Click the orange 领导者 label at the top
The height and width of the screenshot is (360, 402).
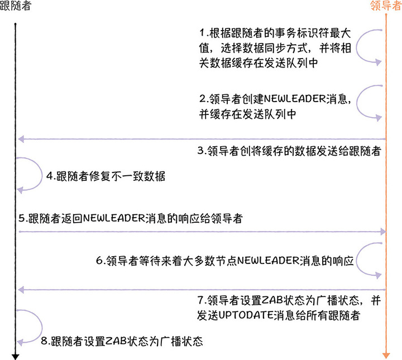pyautogui.click(x=386, y=6)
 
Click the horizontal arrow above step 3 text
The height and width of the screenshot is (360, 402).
pyautogui.click(x=201, y=139)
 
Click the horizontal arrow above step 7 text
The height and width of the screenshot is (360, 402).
pyautogui.click(x=201, y=289)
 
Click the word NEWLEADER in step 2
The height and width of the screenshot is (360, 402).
pyautogui.click(x=285, y=99)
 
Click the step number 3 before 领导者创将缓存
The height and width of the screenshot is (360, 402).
pyautogui.click(x=201, y=151)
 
